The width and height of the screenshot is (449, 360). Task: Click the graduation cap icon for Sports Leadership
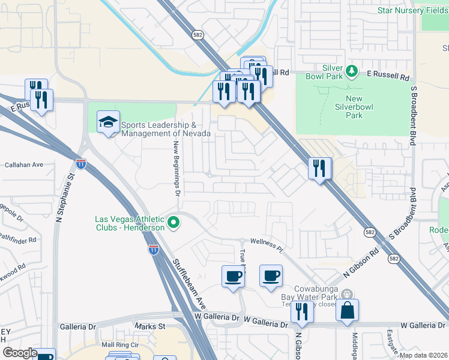click(108, 122)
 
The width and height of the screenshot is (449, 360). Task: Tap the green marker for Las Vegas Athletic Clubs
click(174, 223)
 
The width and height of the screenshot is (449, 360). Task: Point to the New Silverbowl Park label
click(354, 107)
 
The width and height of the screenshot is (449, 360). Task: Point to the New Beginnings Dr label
click(177, 169)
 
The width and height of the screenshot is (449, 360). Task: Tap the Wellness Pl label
click(267, 244)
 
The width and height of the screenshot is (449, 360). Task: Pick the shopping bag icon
click(347, 310)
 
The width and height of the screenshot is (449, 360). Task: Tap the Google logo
click(20, 353)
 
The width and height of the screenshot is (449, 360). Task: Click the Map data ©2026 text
click(423, 355)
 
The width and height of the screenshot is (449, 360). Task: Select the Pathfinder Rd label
click(18, 239)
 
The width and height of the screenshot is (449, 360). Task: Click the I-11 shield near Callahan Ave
click(81, 163)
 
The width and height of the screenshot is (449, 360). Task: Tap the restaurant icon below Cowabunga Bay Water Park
click(302, 311)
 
